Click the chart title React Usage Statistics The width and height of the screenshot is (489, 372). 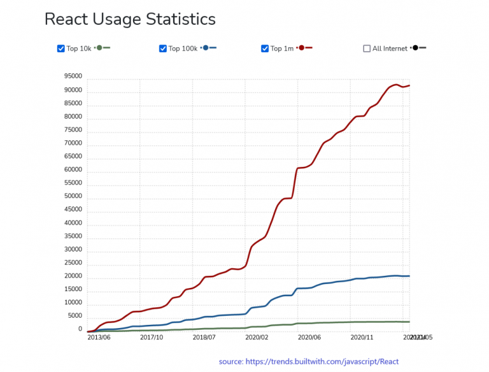coord(130,20)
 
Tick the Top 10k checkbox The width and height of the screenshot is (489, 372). coord(61,48)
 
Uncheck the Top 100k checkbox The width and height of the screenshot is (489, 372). coord(163,48)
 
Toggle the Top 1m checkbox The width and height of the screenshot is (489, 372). coord(265,48)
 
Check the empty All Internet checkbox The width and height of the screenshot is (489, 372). coord(367,48)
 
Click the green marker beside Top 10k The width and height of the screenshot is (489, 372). coord(99,48)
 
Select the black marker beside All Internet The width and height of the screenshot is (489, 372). coord(415,48)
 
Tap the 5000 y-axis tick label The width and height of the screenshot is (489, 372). coord(75,316)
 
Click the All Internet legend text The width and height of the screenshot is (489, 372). coord(390,48)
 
